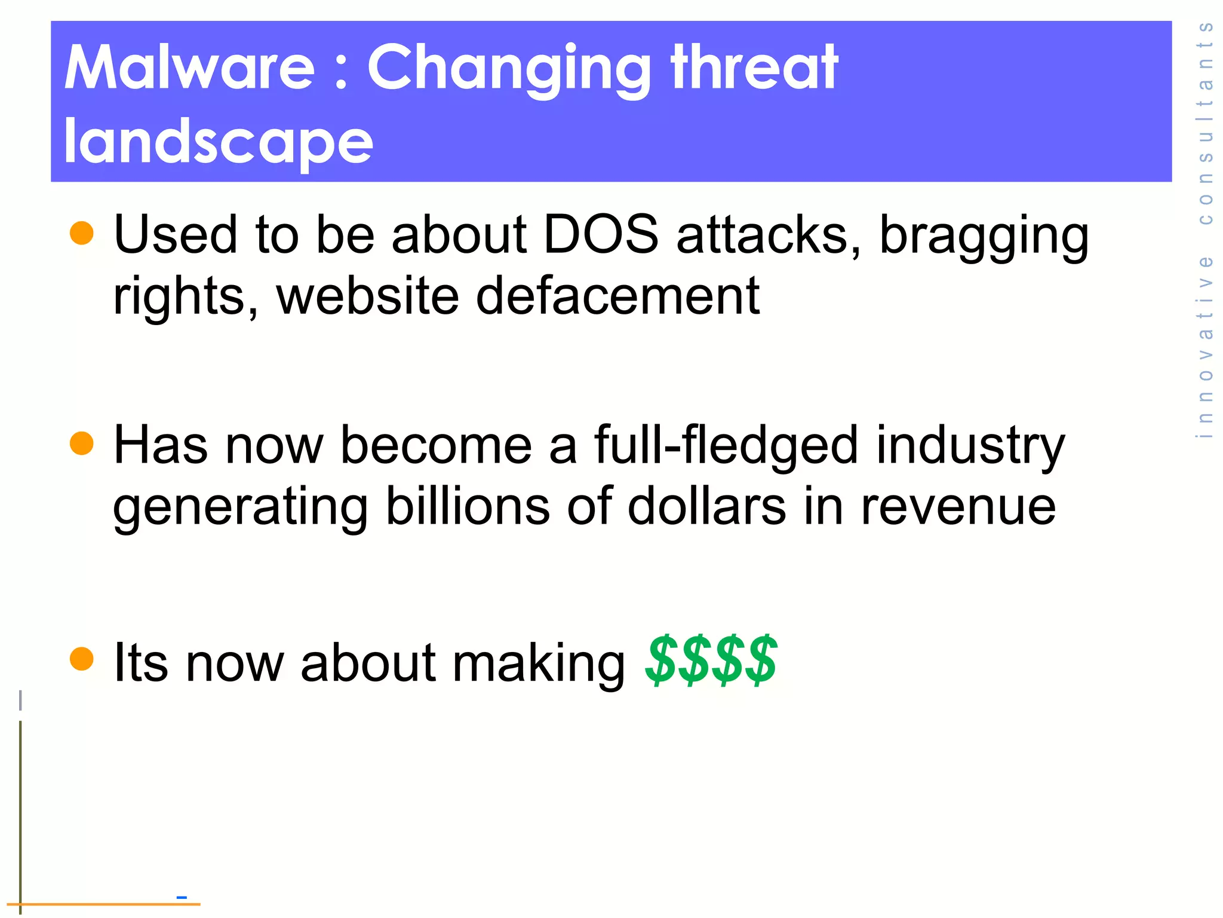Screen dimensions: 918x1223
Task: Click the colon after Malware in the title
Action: pos(341,75)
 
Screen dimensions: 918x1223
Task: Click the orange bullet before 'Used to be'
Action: pos(82,233)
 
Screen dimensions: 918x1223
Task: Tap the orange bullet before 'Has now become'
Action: pos(82,444)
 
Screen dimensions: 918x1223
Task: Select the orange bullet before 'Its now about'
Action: pos(82,659)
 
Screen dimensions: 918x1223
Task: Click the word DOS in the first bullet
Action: pos(601,234)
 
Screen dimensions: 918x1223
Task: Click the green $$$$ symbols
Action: pos(711,661)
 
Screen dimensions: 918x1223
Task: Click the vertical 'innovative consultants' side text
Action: pos(1206,230)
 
